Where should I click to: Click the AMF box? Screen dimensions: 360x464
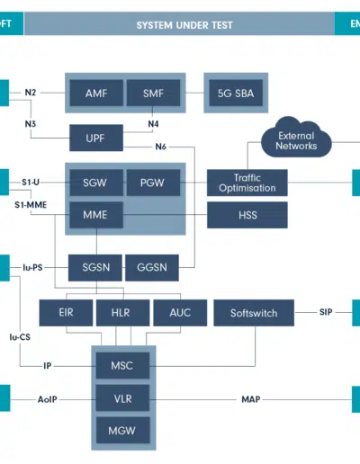(x=96, y=93)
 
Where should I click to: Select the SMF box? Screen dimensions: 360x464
(x=153, y=93)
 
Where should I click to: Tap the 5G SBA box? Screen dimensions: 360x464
(x=236, y=93)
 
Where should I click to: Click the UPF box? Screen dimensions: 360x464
(x=96, y=138)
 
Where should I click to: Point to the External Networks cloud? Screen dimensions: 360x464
(x=296, y=138)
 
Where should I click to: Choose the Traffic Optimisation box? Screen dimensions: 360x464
(x=247, y=183)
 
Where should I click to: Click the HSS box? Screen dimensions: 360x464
(x=247, y=215)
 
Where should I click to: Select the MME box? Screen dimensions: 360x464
(x=96, y=215)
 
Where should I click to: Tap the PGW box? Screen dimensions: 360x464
(x=153, y=183)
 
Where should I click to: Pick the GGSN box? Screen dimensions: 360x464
(x=152, y=268)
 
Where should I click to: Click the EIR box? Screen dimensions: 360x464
(x=66, y=313)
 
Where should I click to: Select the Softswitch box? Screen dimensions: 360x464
(x=254, y=313)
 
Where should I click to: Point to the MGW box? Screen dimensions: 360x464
(x=122, y=431)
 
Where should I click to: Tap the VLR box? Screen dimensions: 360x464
(x=122, y=398)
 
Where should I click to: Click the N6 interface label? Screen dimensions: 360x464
(x=161, y=147)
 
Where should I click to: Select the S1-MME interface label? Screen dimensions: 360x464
(x=31, y=205)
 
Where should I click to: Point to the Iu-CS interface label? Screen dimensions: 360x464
(x=20, y=337)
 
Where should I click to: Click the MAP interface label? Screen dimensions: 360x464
(x=251, y=399)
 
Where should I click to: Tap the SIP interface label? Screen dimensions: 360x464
(x=326, y=312)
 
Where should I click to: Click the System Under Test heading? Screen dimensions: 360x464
(x=184, y=25)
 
